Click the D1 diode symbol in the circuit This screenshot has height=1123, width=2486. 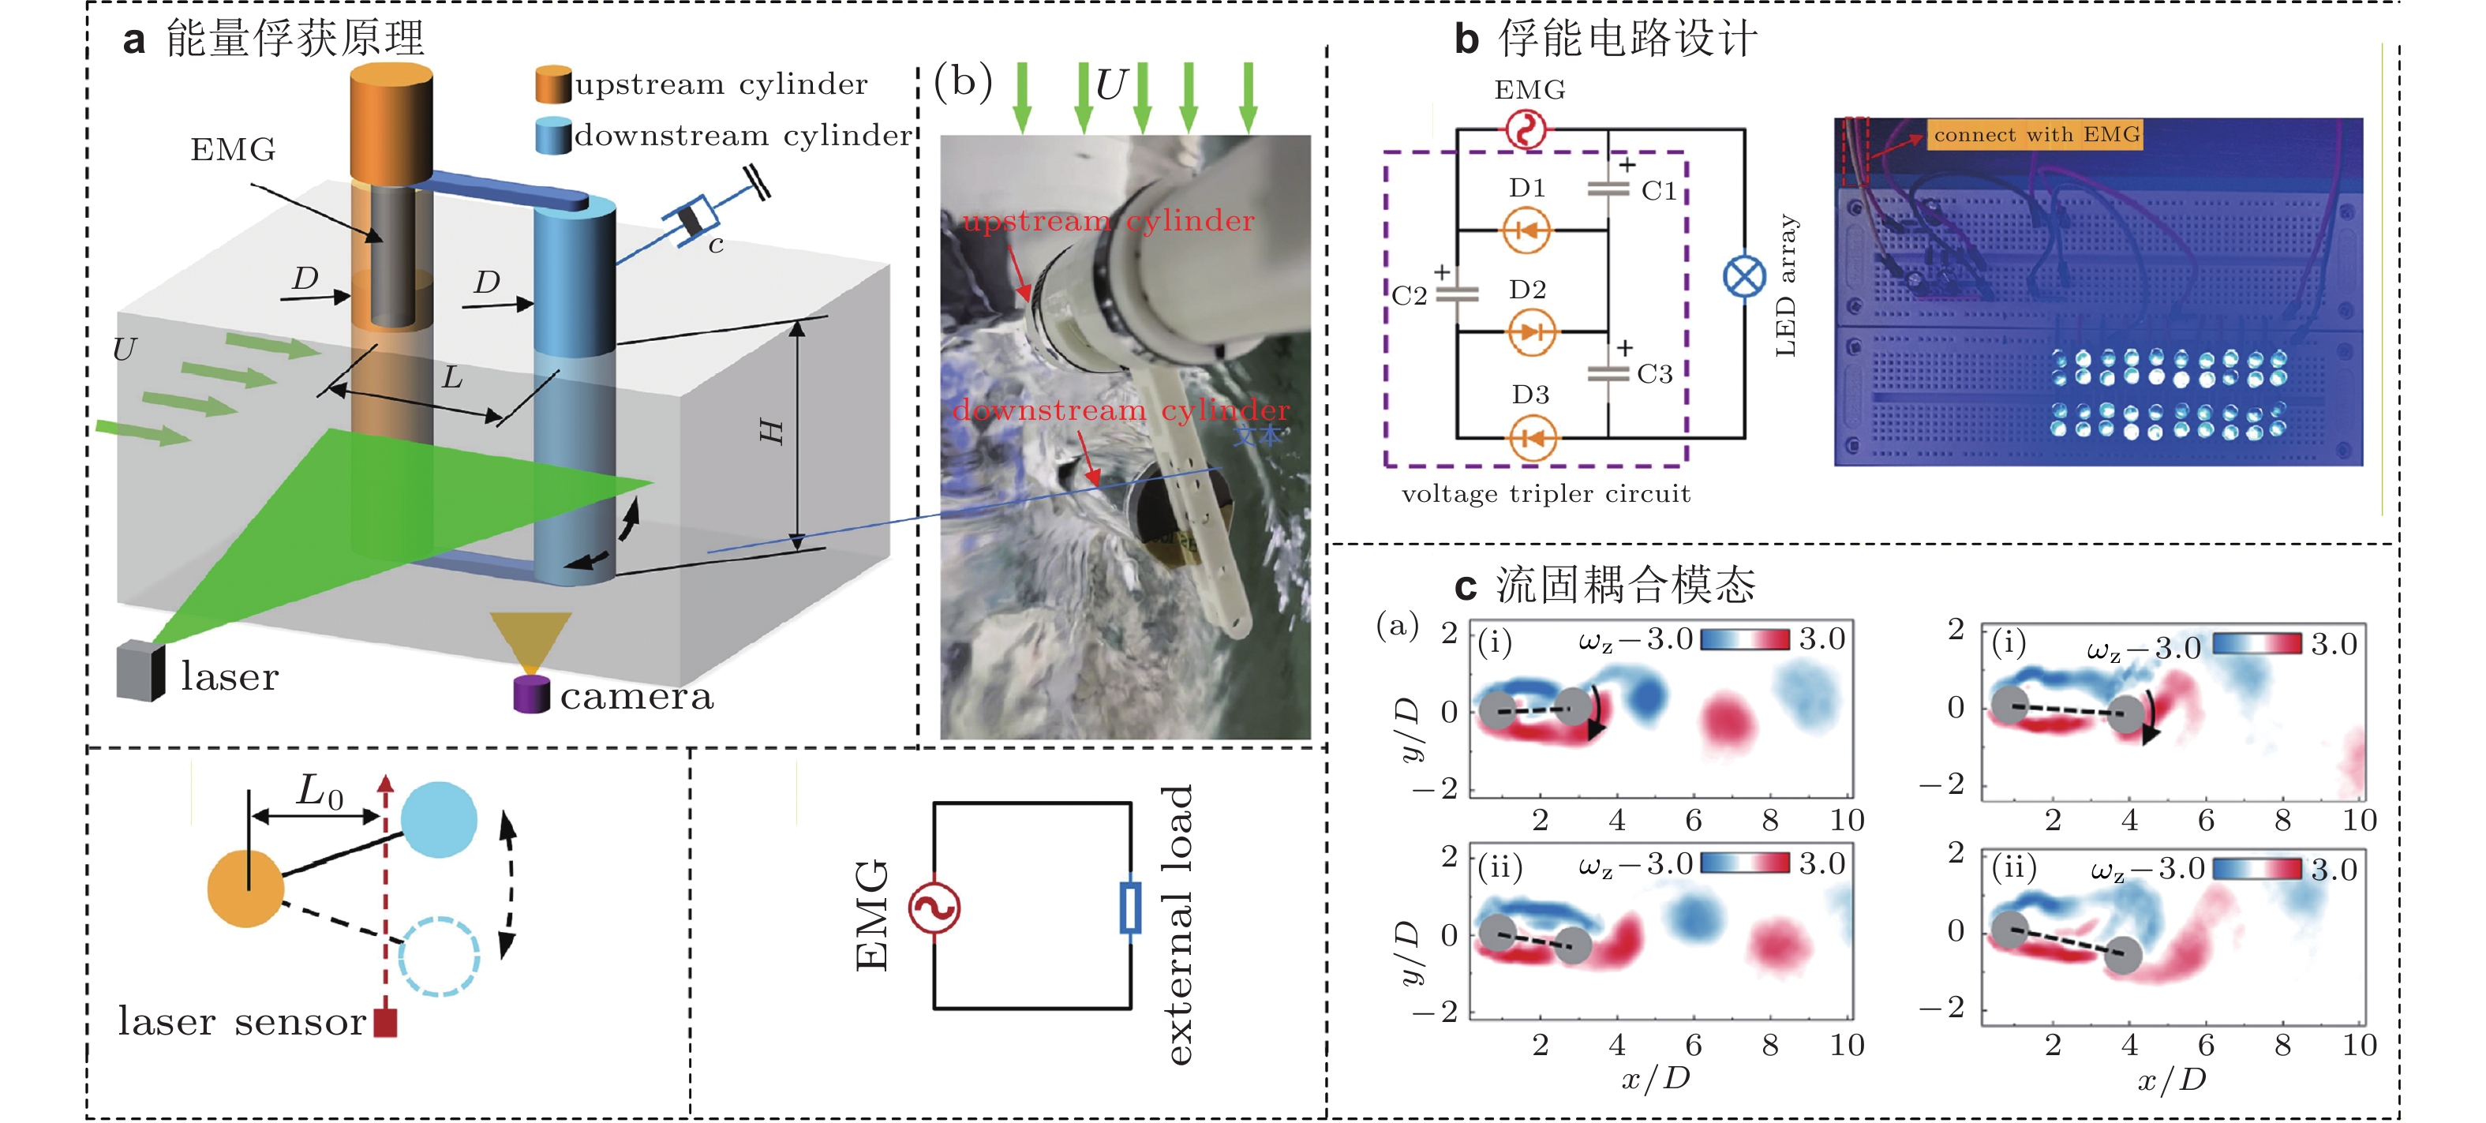[1527, 230]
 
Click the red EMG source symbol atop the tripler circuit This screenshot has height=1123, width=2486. [1526, 129]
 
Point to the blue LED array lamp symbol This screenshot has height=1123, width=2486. [1744, 278]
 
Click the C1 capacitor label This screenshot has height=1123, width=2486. [1659, 191]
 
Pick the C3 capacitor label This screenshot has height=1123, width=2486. [1654, 374]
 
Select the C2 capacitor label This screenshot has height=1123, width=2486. [1409, 295]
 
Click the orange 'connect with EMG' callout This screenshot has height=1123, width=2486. [2035, 135]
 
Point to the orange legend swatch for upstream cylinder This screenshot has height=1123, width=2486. [553, 85]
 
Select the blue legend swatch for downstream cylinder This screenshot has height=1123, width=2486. [553, 136]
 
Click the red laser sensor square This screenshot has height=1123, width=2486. [385, 1023]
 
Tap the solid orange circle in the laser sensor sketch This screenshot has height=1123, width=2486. [246, 889]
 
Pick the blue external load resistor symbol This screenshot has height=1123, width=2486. [1130, 907]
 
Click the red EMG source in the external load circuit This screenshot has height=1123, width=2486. [934, 907]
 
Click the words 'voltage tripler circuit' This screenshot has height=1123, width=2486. [1546, 494]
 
